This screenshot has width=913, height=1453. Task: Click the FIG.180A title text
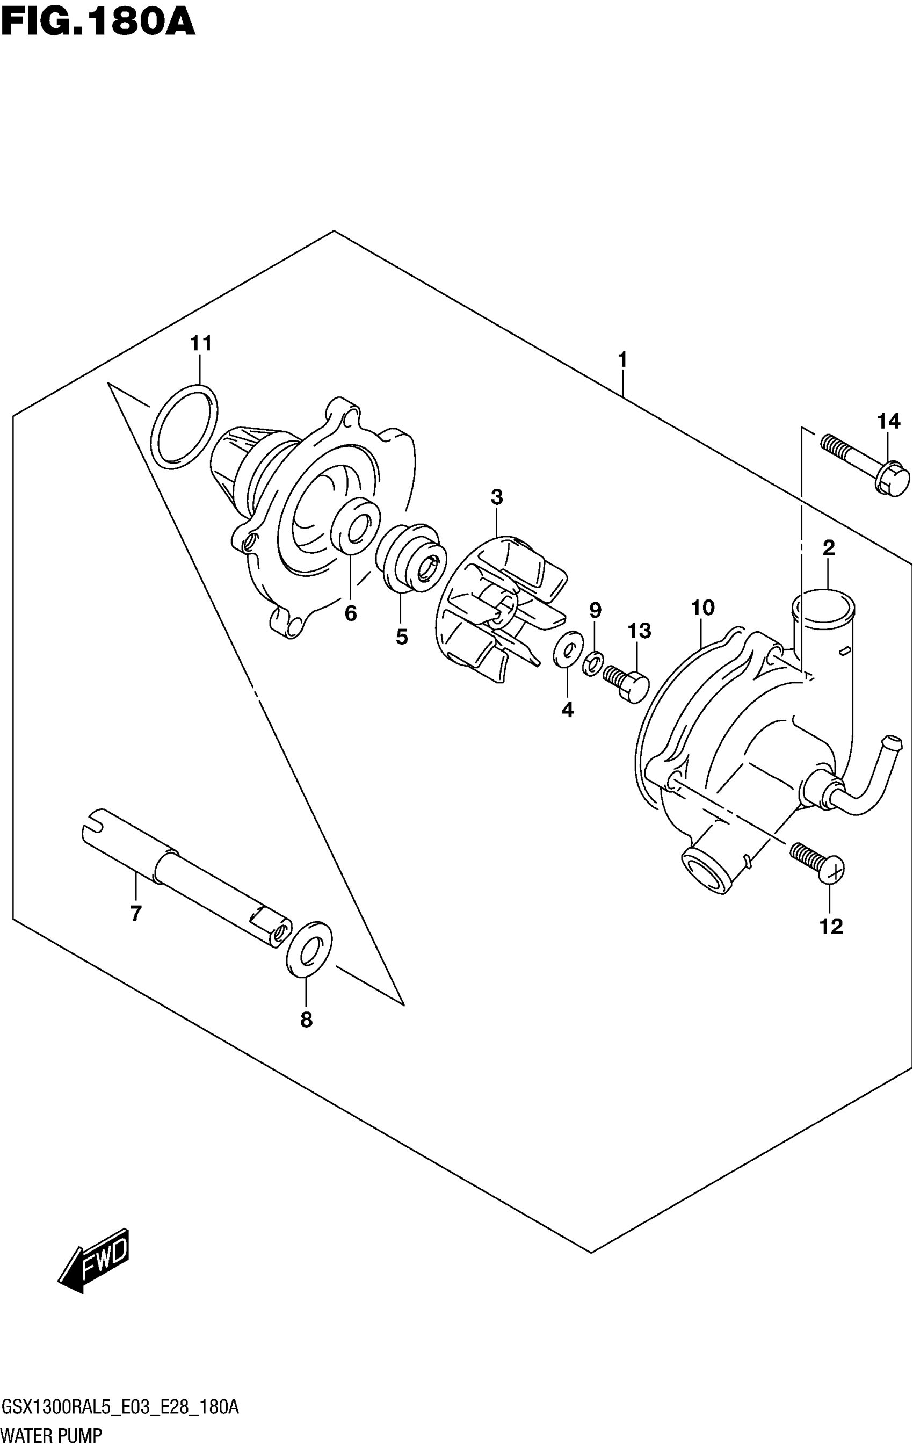(x=98, y=23)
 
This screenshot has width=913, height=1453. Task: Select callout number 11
(x=201, y=343)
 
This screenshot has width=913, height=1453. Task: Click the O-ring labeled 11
(x=184, y=426)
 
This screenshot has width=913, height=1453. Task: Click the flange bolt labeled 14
(x=866, y=465)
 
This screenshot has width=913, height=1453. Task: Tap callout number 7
(x=136, y=914)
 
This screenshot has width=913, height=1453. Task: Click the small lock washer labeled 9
(x=593, y=663)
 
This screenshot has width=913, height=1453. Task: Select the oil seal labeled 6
(x=356, y=526)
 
